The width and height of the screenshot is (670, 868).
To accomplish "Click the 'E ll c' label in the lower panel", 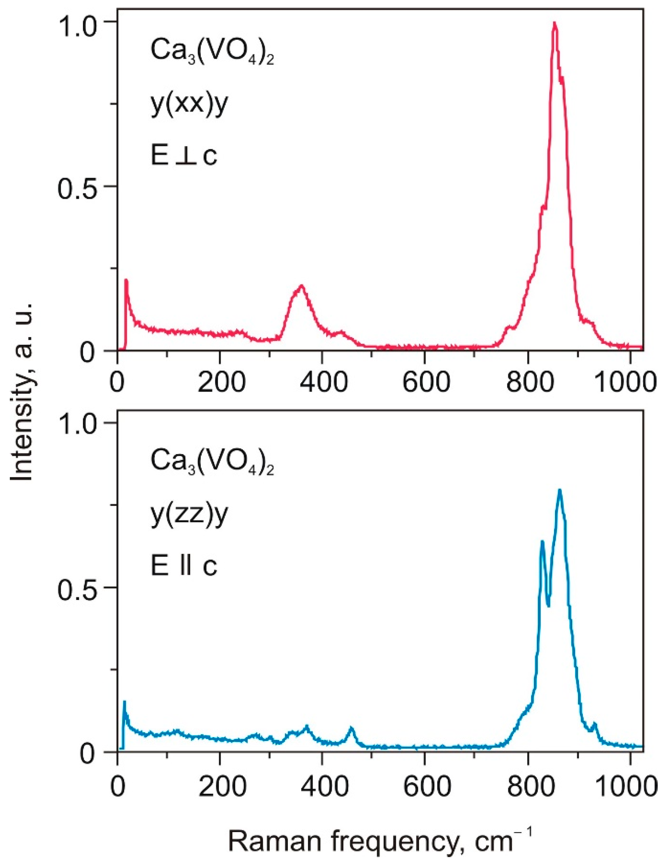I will coord(184,565).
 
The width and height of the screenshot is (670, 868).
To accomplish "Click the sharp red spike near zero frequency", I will coord(126,280).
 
